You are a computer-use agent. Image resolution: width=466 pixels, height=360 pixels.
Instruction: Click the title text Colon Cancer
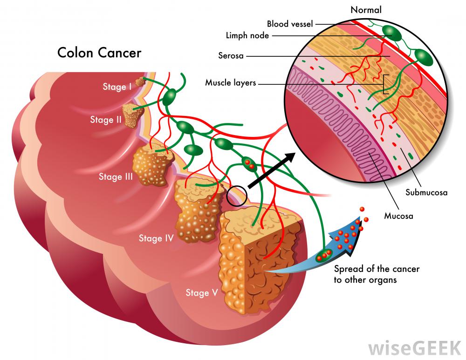(99, 52)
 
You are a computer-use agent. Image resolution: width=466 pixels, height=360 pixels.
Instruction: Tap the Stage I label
(117, 87)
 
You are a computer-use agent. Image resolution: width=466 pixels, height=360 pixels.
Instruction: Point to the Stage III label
(116, 177)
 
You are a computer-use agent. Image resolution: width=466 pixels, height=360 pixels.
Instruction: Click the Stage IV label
(156, 238)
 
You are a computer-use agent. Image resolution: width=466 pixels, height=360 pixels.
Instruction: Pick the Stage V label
(202, 292)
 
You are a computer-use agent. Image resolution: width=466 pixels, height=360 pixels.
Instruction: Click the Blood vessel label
(290, 23)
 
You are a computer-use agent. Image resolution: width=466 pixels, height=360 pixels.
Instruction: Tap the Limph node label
(247, 35)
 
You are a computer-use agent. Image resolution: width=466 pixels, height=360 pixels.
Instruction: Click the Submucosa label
(426, 192)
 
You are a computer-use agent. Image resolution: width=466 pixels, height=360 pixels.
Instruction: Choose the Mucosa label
(398, 216)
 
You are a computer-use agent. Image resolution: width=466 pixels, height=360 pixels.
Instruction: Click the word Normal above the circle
(366, 9)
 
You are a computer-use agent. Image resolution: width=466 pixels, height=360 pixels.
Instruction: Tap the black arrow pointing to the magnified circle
(273, 170)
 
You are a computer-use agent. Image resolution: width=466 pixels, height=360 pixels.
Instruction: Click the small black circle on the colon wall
(236, 196)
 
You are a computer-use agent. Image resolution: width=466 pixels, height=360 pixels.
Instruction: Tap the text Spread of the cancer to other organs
(377, 274)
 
